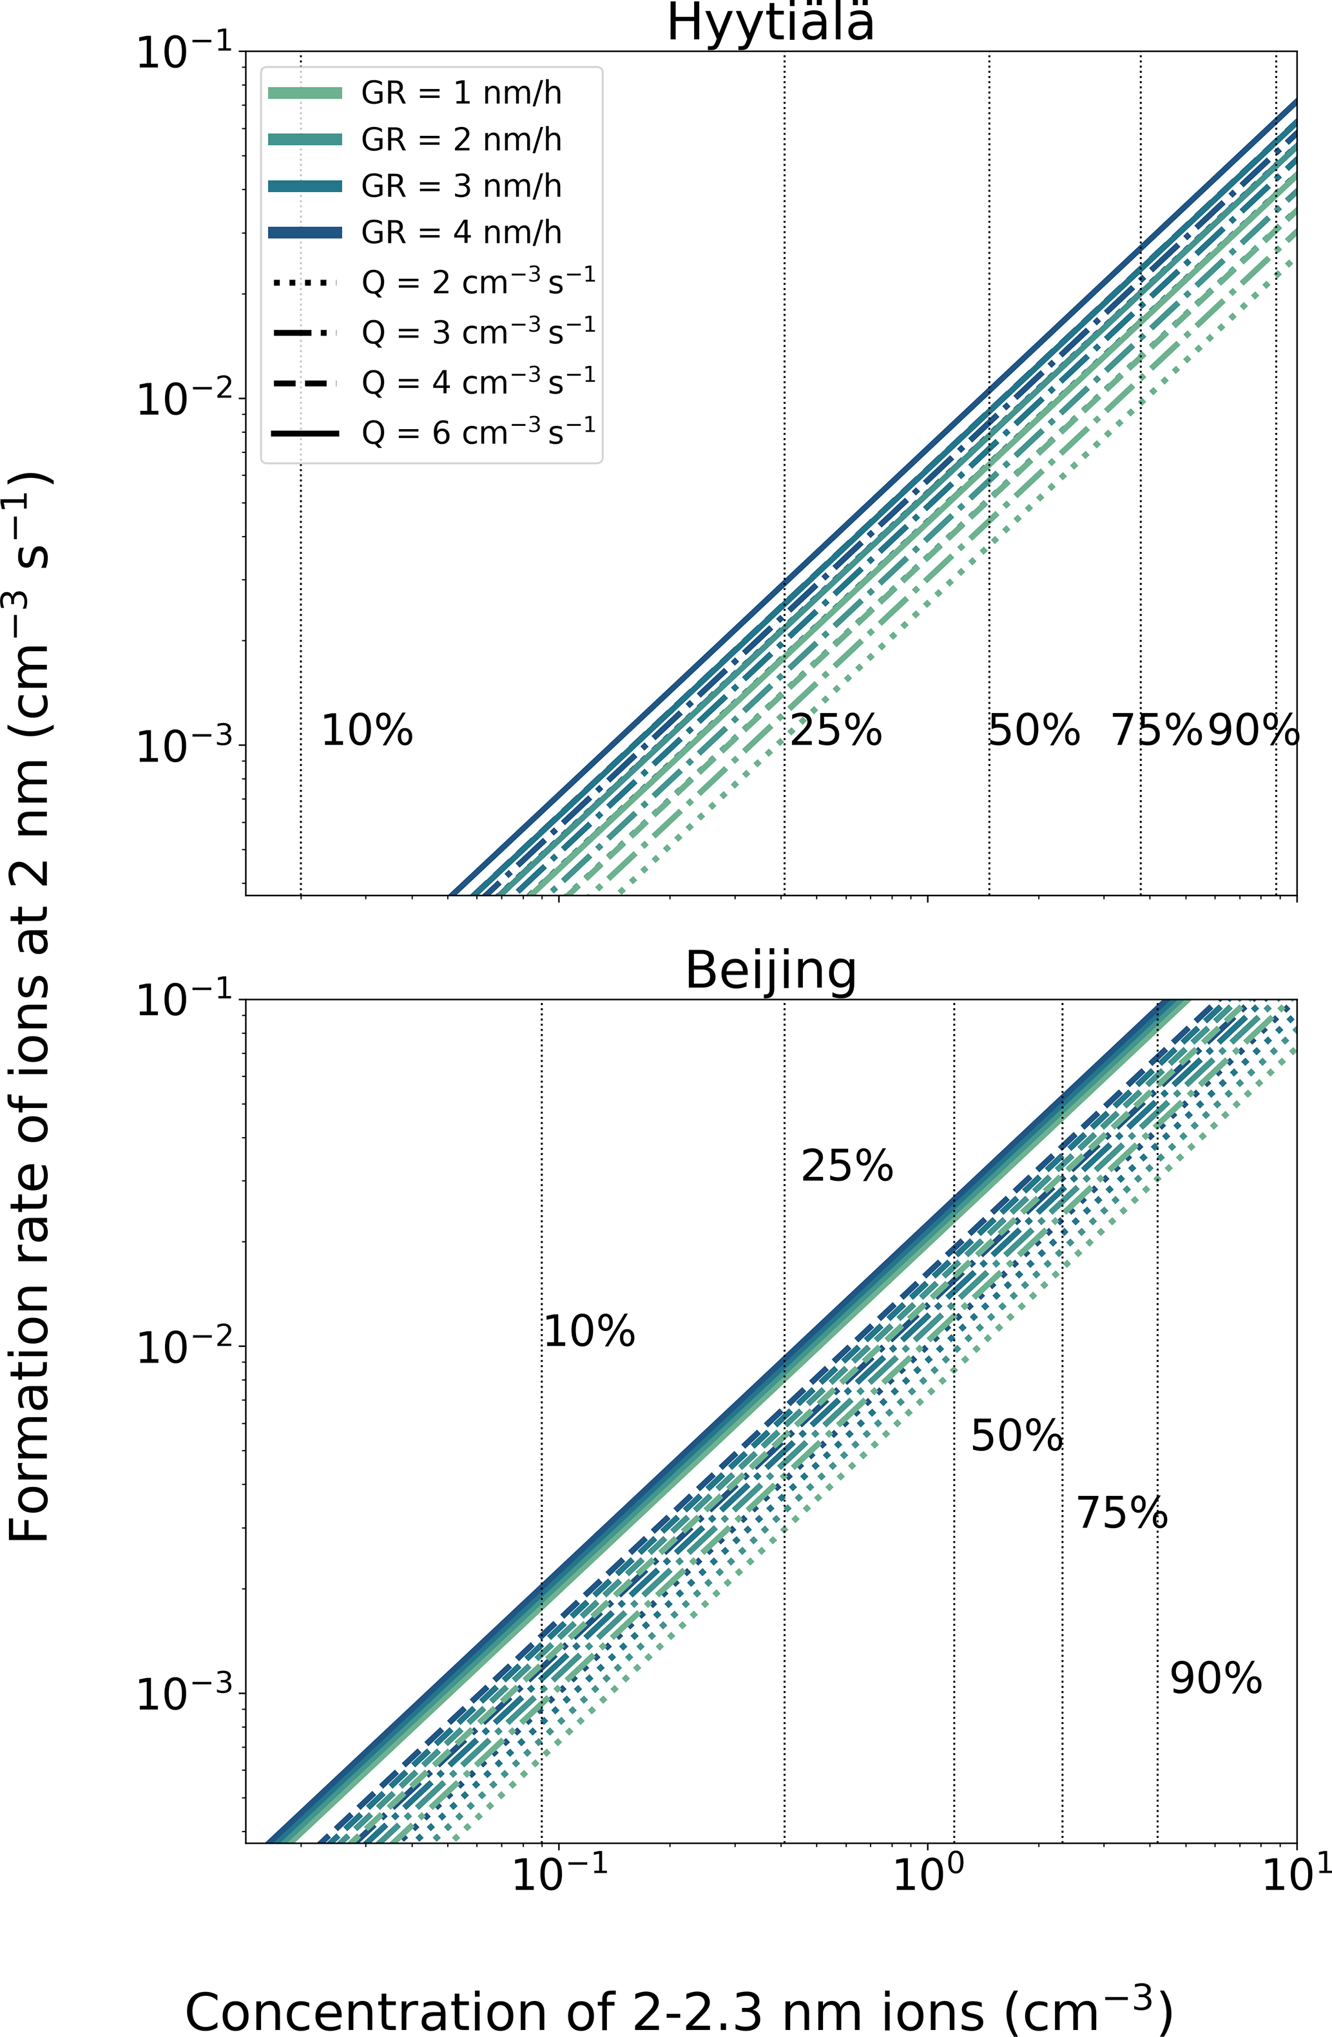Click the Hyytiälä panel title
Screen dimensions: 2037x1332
771,24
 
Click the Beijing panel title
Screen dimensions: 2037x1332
771,971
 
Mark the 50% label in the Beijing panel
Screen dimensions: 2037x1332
1016,1435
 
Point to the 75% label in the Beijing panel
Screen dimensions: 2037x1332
1121,1513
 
